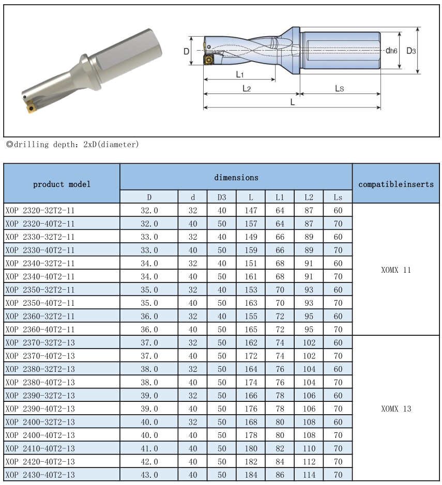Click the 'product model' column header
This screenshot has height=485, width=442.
(x=62, y=184)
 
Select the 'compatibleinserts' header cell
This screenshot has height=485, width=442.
(x=396, y=184)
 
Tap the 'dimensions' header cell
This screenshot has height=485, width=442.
(x=236, y=177)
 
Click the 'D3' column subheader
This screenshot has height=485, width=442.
(x=222, y=197)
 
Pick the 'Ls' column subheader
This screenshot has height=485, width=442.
(x=338, y=197)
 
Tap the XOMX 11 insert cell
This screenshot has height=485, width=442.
(x=396, y=270)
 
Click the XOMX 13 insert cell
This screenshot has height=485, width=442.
(x=396, y=409)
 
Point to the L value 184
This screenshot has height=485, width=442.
(x=251, y=475)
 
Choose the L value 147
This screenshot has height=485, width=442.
(x=251, y=210)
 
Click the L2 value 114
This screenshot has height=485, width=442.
(x=309, y=475)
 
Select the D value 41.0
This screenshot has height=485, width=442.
(x=149, y=448)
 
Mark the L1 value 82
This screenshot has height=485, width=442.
(x=280, y=448)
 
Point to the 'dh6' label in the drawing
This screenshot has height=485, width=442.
(x=391, y=51)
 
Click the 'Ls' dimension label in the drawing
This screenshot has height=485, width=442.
(x=339, y=89)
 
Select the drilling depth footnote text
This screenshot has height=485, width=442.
(x=72, y=145)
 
